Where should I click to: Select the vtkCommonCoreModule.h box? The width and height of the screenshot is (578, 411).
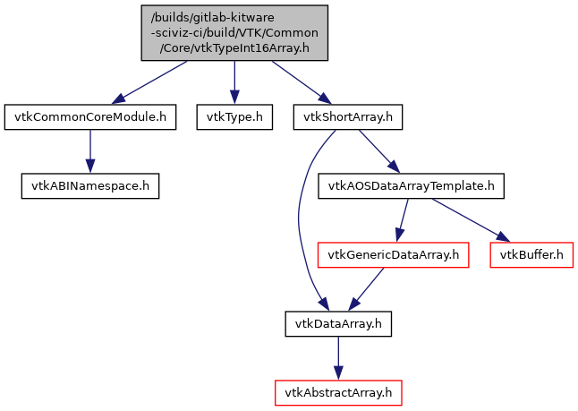click(x=89, y=116)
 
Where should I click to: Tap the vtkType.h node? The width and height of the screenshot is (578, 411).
click(x=234, y=116)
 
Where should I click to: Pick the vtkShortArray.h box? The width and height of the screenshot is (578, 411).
click(x=348, y=116)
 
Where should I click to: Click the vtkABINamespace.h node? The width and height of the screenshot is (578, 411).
click(x=89, y=186)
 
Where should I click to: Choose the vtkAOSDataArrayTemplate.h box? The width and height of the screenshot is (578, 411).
click(x=411, y=186)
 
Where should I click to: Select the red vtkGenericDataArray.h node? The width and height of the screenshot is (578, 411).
click(x=393, y=255)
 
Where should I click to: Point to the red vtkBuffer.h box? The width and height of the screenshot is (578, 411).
click(x=531, y=255)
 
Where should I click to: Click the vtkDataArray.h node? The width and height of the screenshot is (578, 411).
click(x=337, y=323)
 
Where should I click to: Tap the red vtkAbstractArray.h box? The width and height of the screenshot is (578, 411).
click(x=337, y=392)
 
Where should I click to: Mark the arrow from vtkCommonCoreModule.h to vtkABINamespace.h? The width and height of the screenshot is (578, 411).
click(x=89, y=151)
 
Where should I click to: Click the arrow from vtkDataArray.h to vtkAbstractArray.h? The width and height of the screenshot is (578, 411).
click(x=337, y=358)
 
